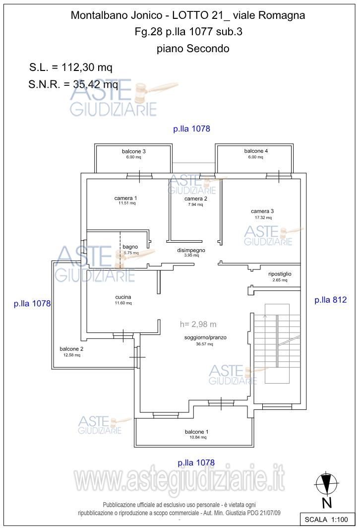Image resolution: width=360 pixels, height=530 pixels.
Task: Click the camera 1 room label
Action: click(x=125, y=198)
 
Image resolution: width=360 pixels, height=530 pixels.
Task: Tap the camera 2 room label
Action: click(x=195, y=199)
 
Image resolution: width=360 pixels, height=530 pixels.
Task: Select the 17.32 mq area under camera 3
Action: click(x=263, y=218)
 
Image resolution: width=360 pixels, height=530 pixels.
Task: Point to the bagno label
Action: click(x=130, y=247)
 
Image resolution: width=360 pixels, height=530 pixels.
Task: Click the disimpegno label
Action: click(x=191, y=250)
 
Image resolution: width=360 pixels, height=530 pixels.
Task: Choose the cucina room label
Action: click(x=123, y=297)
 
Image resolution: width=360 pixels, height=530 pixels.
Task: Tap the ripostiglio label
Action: click(x=280, y=274)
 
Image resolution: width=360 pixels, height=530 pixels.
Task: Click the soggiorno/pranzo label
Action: click(x=205, y=337)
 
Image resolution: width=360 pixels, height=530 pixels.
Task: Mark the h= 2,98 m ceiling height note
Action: click(x=198, y=324)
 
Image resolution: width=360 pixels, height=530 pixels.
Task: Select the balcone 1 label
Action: click(x=196, y=432)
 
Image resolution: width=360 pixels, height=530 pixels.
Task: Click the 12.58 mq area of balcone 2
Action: click(x=72, y=355)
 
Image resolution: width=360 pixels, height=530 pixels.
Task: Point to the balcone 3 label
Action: click(x=134, y=151)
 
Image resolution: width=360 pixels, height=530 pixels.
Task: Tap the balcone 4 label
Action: click(x=256, y=151)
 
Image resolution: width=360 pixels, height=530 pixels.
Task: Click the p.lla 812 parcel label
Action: click(x=331, y=300)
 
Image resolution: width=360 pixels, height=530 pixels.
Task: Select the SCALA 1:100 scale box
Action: click(x=326, y=519)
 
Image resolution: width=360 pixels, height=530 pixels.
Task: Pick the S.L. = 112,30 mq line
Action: click(x=70, y=67)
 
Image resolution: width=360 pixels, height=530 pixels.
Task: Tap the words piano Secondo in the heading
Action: click(x=193, y=48)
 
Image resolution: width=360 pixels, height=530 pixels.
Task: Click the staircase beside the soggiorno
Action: click(x=277, y=343)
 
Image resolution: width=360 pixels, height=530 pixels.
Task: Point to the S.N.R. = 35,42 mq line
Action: click(x=73, y=84)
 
